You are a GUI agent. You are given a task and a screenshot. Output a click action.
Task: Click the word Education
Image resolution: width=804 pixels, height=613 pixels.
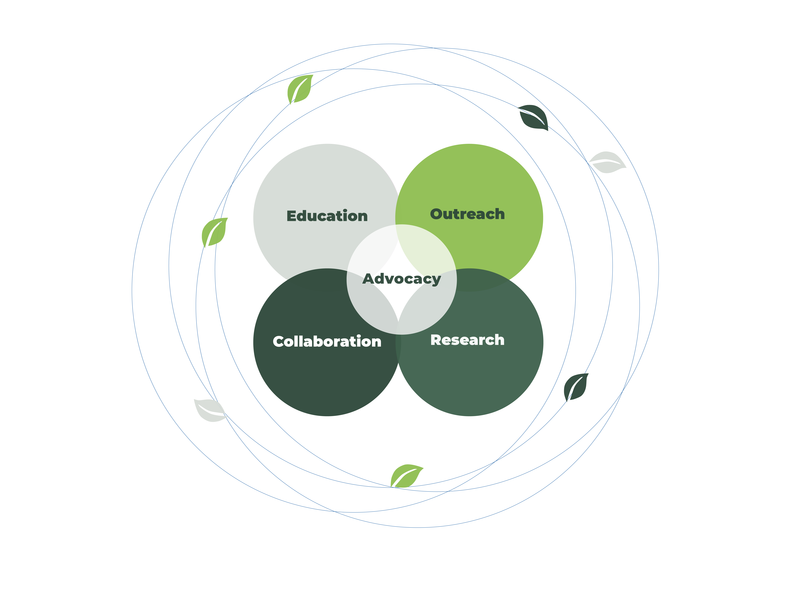(x=327, y=216)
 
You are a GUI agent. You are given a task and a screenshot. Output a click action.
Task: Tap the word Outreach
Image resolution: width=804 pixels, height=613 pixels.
(x=468, y=214)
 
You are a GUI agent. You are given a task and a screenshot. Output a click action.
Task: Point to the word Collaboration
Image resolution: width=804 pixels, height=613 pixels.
(x=327, y=342)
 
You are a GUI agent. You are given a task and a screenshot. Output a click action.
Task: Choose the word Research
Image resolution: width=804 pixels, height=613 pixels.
(x=468, y=340)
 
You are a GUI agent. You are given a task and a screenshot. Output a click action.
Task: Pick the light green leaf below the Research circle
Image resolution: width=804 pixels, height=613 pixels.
(x=406, y=476)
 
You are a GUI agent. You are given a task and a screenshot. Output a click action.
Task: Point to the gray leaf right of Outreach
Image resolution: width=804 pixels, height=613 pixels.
(x=607, y=162)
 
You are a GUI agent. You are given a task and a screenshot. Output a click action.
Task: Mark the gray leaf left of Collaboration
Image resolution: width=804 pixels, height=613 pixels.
(x=209, y=410)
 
